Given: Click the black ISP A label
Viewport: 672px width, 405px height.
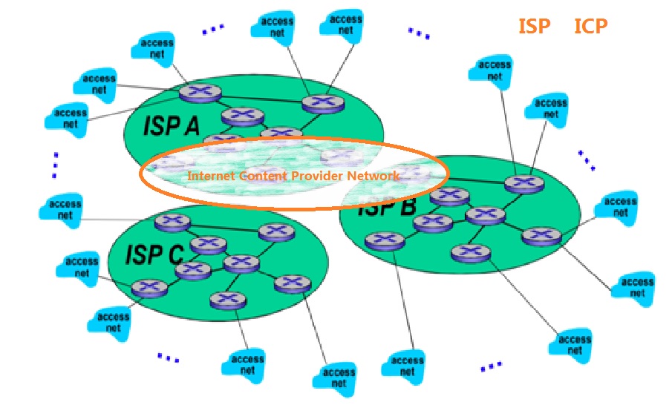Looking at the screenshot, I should tap(172, 126).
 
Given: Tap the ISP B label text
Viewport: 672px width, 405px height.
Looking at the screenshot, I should tap(386, 207).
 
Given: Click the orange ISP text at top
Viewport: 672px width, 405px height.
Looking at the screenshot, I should tap(535, 27).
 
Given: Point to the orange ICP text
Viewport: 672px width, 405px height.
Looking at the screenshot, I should tap(591, 27).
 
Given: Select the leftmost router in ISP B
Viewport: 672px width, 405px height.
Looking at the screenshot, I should tap(385, 240).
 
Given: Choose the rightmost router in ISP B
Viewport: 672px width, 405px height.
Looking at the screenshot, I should tap(541, 237).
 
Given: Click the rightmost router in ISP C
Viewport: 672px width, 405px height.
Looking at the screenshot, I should tap(292, 283).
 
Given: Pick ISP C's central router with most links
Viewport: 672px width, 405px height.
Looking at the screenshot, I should tap(241, 262).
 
